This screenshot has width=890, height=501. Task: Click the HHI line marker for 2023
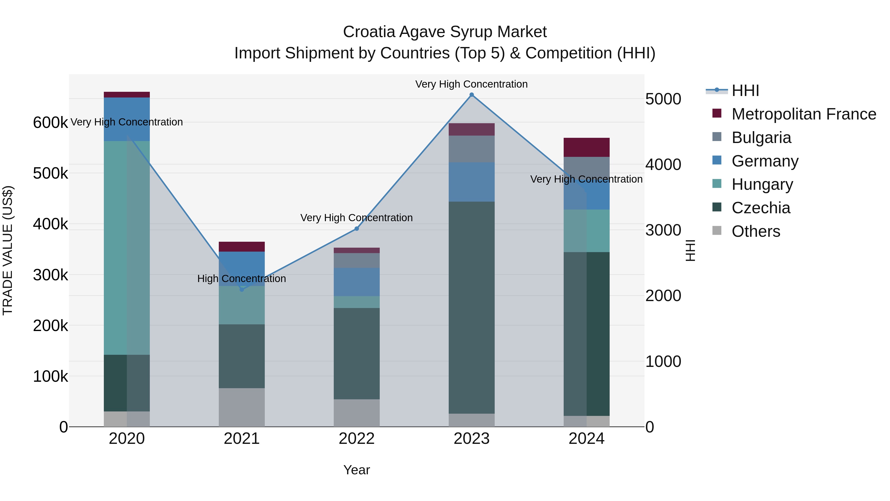coord(472,95)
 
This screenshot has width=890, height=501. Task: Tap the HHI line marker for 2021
coord(242,290)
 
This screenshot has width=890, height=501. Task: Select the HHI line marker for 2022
coord(356,229)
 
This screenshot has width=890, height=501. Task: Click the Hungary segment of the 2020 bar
coord(127,248)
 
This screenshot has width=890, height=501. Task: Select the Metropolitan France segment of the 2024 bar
coord(586,147)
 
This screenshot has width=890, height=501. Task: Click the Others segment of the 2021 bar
coord(242,407)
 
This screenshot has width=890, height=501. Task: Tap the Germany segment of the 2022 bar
coord(356,282)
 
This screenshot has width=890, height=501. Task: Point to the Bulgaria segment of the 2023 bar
coord(472,149)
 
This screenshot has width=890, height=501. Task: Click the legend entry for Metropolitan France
coord(804,114)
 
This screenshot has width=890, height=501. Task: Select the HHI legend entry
coord(745,91)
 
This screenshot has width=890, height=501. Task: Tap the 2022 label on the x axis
coord(356,439)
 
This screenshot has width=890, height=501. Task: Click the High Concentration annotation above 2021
coord(242,279)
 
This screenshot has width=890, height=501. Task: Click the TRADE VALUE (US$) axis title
coord(8,250)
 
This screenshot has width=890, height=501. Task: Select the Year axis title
coord(356,470)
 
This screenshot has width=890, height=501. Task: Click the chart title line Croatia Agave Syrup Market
coord(445,32)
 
